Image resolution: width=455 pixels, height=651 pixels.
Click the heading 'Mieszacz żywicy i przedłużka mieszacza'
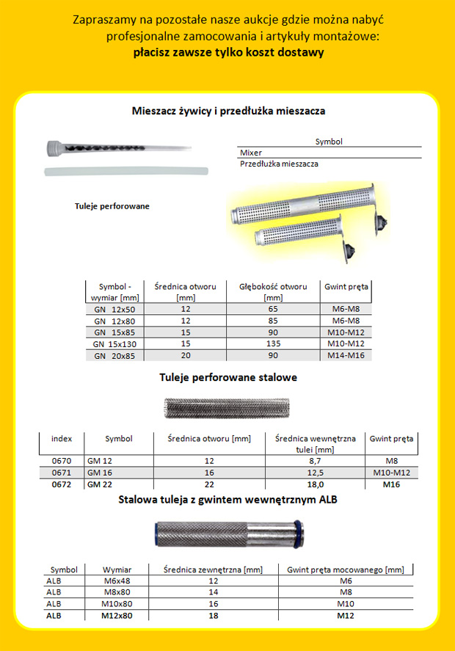click(x=228, y=112)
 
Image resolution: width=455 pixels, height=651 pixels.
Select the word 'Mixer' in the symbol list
click(x=251, y=153)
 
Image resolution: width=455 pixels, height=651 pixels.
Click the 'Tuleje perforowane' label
click(x=112, y=206)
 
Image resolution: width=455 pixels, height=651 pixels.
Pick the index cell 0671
click(x=62, y=472)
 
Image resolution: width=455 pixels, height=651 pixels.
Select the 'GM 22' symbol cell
click(x=98, y=484)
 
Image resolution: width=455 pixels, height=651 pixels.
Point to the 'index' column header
click(x=62, y=439)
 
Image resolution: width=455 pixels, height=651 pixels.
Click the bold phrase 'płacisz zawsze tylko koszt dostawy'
click(x=229, y=53)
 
